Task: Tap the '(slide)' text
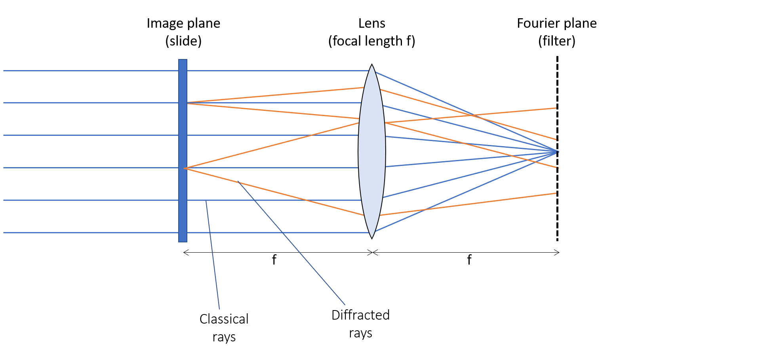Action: tap(183, 41)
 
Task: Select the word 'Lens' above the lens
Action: tap(371, 23)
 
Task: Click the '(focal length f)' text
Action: tap(371, 41)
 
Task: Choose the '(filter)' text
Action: tap(556, 41)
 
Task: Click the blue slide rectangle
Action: tap(183, 150)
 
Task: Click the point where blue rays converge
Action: tap(557, 152)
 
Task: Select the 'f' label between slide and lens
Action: tap(274, 260)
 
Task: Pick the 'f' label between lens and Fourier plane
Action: tap(469, 260)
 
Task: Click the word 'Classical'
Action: tap(224, 319)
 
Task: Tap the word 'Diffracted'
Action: tap(360, 315)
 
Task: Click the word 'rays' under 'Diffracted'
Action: tap(360, 333)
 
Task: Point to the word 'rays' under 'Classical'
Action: tap(224, 337)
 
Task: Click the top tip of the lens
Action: tap(372, 65)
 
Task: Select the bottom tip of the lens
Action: tap(372, 238)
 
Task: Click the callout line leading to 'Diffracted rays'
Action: tap(291, 243)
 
